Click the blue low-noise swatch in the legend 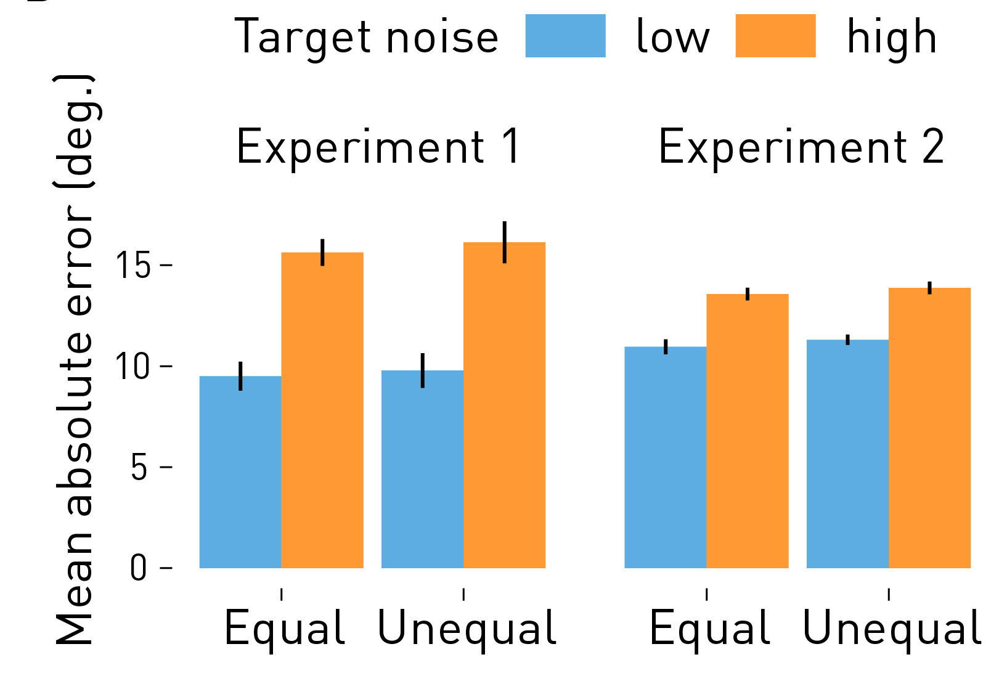[565, 36]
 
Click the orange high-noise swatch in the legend [775, 36]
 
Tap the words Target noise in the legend [366, 37]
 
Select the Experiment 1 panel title [378, 148]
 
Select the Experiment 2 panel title [801, 148]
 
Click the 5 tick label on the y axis [140, 468]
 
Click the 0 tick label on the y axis [139, 568]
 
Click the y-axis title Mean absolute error [75, 361]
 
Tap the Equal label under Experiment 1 [284, 629]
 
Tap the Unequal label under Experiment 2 [891, 629]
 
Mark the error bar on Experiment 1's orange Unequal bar [504, 242]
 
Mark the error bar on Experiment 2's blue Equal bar [666, 346]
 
